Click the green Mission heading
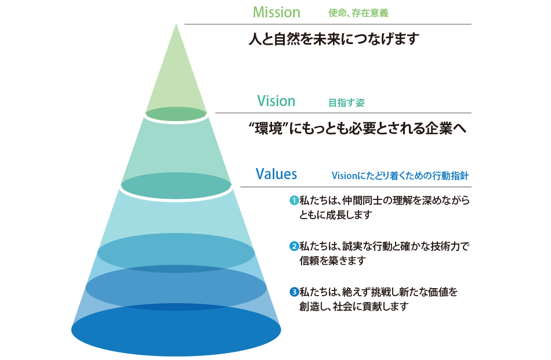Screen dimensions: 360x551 277,12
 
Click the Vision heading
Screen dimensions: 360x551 275,101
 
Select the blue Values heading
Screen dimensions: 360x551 276,174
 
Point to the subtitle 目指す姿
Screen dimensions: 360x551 346,103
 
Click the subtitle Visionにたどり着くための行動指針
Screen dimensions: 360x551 400,175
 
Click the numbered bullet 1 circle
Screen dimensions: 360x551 293,201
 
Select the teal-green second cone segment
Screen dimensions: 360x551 176,151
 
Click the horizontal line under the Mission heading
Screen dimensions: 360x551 328,24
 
